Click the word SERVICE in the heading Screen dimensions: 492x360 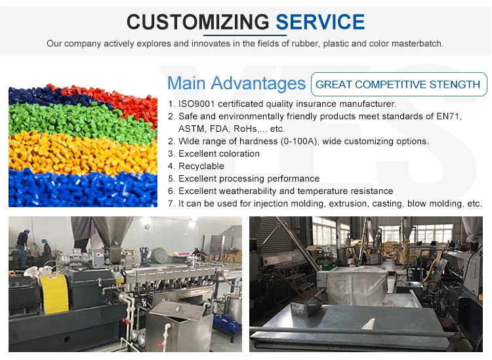[320, 22]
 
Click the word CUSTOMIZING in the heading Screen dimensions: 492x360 [197, 22]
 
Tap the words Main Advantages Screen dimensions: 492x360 [236, 83]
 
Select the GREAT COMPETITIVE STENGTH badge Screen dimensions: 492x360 [399, 84]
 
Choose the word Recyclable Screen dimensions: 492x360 [201, 166]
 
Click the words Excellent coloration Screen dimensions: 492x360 [219, 153]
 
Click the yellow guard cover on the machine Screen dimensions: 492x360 [55, 294]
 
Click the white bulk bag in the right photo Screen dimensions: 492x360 [357, 285]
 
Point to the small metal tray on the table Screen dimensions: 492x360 [306, 306]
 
